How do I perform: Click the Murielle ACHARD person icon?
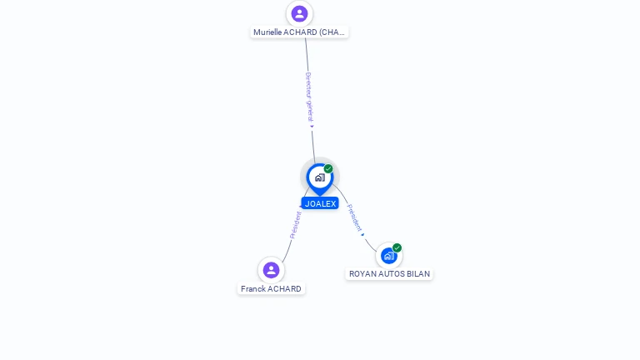[x=299, y=13]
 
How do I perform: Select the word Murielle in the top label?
[x=267, y=32]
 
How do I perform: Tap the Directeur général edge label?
[x=308, y=96]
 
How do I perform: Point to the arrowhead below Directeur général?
[x=312, y=127]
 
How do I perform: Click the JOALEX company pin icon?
[x=319, y=177]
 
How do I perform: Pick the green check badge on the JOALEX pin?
[x=328, y=169]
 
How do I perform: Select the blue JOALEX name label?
[x=320, y=203]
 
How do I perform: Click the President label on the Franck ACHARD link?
[x=295, y=224]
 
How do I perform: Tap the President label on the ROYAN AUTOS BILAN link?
[x=353, y=217]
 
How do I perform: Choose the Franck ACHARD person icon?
[x=271, y=270]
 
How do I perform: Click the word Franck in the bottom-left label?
[x=252, y=289]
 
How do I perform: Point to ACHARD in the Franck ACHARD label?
[x=284, y=289]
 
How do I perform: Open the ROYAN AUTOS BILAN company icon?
[x=388, y=256]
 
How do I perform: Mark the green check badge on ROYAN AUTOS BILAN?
[x=397, y=247]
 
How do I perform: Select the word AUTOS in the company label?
[x=392, y=274]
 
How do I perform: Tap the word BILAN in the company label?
[x=418, y=274]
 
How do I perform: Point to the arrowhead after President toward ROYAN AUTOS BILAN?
[x=363, y=235]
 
